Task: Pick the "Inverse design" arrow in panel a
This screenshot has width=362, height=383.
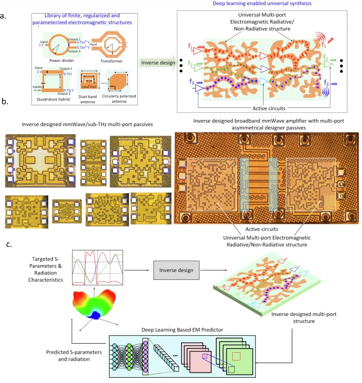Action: [160, 62]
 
